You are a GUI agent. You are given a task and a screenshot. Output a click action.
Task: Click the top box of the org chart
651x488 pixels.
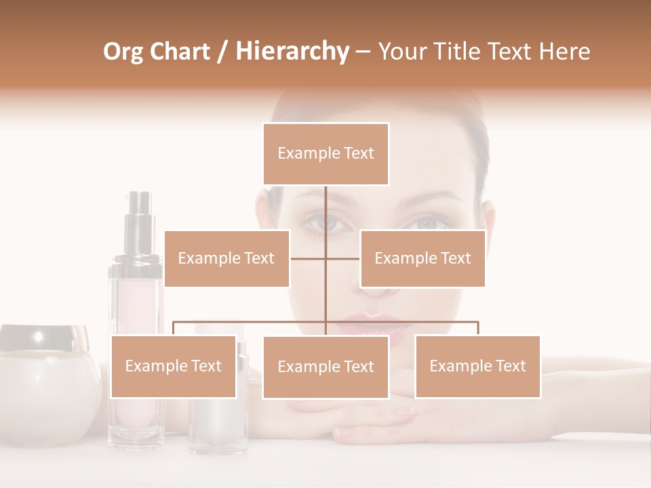[x=325, y=153]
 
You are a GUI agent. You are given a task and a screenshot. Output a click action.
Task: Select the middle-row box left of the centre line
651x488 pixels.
[x=226, y=258]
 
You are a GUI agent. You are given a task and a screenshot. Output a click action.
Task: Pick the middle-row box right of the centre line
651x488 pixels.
[x=422, y=258]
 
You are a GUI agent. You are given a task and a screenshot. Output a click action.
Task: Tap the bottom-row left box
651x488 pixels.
[x=174, y=366]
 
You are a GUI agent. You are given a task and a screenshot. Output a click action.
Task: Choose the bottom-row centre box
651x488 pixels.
[x=325, y=367]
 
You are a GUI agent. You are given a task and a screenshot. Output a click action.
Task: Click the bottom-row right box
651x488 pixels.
[x=477, y=366]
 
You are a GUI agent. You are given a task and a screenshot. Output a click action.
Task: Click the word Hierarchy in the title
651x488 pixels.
[x=292, y=51]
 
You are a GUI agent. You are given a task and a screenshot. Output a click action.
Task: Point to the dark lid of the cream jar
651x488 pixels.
[x=45, y=337]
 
